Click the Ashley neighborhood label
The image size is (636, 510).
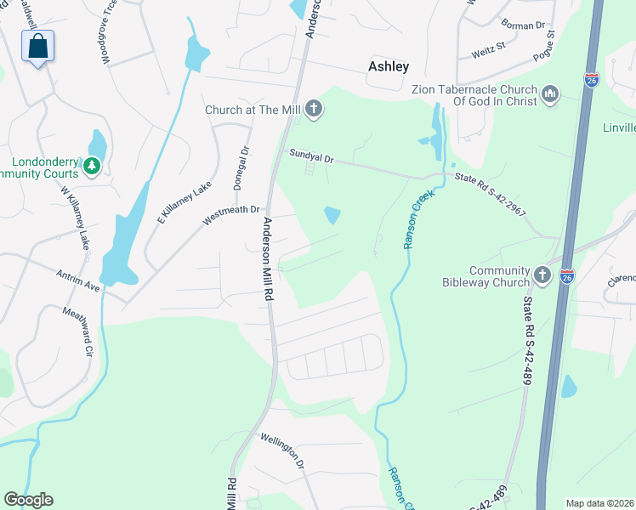tap(389, 66)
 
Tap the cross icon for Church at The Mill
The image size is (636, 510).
tap(314, 109)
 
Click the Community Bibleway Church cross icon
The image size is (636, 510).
tap(542, 275)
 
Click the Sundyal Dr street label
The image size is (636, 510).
tap(310, 158)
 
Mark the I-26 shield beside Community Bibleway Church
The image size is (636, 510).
tap(567, 276)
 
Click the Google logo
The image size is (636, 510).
tap(28, 500)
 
